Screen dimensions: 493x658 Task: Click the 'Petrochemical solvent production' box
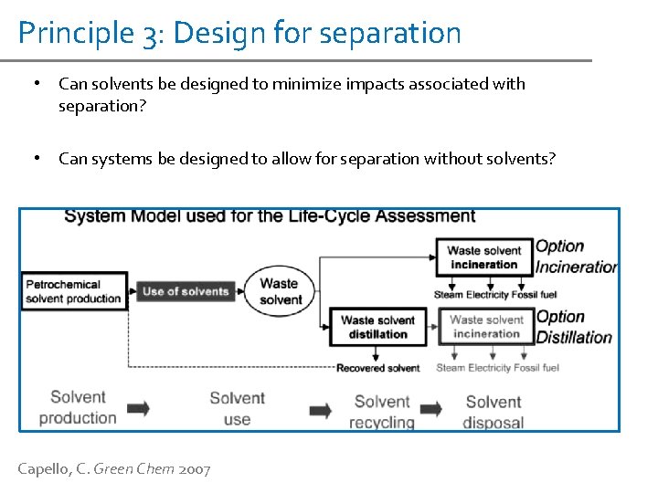(73, 291)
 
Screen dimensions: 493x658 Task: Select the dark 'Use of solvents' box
(186, 291)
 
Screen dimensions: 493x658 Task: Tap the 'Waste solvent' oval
(280, 291)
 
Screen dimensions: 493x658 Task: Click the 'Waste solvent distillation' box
(378, 327)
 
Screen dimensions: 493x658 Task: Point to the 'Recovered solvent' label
(378, 368)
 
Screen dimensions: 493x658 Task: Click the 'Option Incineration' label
(576, 257)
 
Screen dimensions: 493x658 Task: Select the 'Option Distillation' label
(573, 327)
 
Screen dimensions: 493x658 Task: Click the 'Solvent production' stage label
(78, 407)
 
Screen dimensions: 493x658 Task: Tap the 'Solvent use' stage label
(237, 408)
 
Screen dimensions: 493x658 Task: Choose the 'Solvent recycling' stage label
(382, 412)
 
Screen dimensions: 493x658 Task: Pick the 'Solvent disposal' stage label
(493, 412)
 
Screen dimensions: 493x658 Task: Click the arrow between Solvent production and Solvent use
(139, 408)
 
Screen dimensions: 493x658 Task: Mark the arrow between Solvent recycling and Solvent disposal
(431, 408)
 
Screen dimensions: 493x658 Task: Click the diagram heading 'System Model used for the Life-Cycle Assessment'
(270, 216)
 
